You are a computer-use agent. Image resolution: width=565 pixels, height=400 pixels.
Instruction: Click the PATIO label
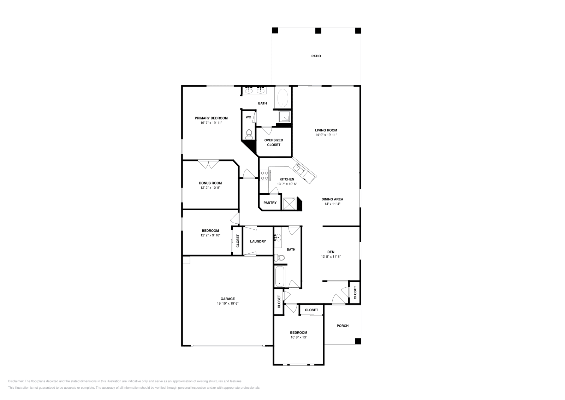(316, 56)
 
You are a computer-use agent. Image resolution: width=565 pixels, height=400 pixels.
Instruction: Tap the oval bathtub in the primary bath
(282, 98)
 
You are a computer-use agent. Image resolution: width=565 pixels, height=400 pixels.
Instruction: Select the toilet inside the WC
(249, 133)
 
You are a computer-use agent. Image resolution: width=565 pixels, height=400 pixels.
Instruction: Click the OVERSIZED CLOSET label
(274, 142)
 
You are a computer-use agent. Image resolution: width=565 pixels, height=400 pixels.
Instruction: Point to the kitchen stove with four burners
(265, 175)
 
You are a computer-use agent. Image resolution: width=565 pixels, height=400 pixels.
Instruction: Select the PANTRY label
(270, 203)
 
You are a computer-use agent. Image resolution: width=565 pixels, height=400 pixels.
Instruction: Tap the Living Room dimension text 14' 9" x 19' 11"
(326, 135)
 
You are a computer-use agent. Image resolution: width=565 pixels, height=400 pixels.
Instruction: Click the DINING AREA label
(332, 199)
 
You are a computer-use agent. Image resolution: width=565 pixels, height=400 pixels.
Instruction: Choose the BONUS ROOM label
(210, 183)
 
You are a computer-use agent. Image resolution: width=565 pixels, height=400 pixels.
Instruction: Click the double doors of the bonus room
(208, 164)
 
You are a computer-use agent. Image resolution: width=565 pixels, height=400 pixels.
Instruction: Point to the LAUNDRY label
(258, 241)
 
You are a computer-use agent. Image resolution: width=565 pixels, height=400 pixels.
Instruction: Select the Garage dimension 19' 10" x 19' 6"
(228, 304)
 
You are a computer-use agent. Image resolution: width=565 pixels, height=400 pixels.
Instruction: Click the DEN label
(331, 252)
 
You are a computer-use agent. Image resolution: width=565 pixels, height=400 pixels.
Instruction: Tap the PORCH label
(343, 326)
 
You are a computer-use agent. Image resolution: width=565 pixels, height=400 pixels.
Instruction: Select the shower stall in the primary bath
(284, 116)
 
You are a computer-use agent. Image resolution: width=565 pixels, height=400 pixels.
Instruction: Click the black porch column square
(358, 341)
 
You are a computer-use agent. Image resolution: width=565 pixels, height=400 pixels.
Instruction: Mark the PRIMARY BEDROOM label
(211, 118)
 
